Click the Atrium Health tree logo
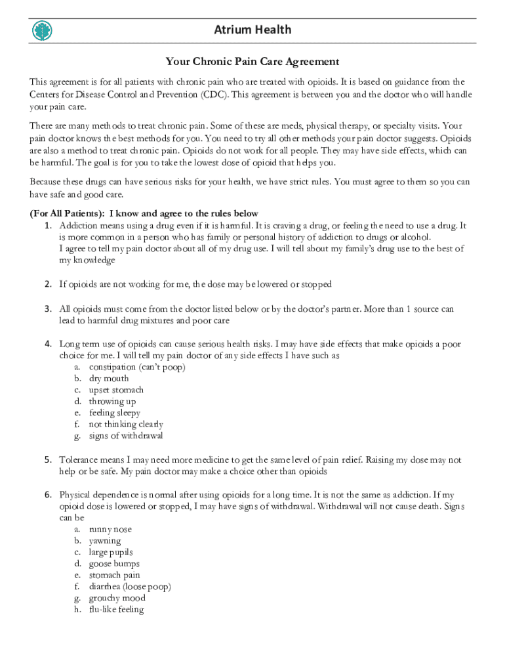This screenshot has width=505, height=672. [x=42, y=30]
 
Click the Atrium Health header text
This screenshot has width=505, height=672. [x=253, y=30]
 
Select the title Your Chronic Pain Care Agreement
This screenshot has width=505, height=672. [x=253, y=62]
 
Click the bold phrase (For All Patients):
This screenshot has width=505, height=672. [x=67, y=213]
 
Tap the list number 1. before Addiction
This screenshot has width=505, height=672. [x=49, y=225]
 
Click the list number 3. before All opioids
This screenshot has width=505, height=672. [x=49, y=308]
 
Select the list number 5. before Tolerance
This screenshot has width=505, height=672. [x=49, y=460]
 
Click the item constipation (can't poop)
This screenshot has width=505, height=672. [x=137, y=367]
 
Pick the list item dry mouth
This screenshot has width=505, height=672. [x=109, y=378]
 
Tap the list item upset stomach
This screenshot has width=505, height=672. [x=116, y=390]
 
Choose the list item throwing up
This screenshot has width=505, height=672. [x=112, y=401]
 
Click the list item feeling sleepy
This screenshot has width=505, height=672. [x=115, y=413]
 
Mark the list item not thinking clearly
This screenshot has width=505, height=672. [x=126, y=424]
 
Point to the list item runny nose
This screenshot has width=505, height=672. [x=110, y=529]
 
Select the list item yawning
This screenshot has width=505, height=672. [x=105, y=541]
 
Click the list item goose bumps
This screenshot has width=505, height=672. [x=114, y=564]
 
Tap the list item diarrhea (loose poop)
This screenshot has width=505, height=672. [x=130, y=587]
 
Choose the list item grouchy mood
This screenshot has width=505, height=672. [x=117, y=598]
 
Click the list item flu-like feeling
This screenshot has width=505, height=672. [x=116, y=610]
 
